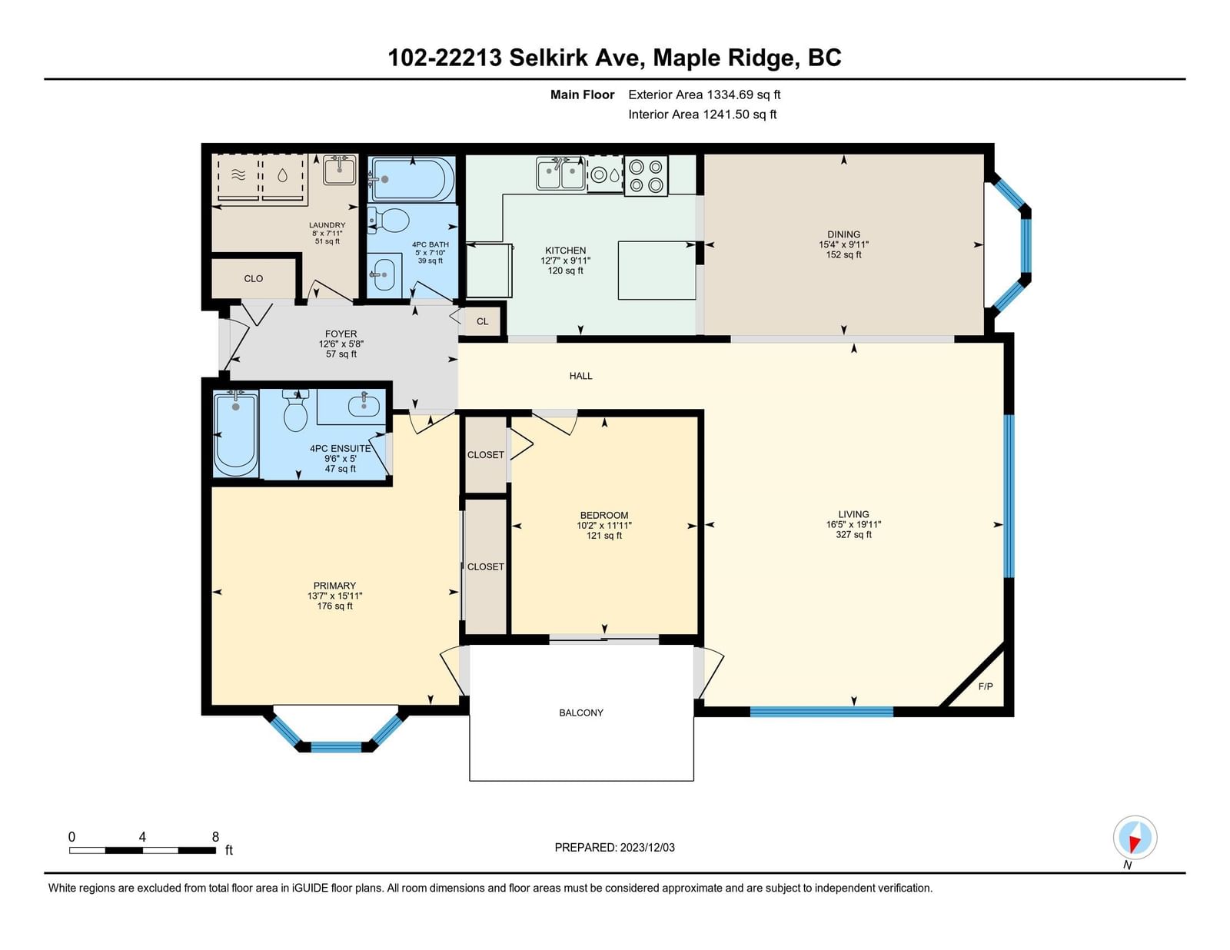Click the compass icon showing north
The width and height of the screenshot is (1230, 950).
[1135, 837]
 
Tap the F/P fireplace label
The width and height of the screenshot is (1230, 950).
[986, 686]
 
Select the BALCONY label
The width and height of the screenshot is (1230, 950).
[580, 713]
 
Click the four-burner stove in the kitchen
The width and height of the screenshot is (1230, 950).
[646, 176]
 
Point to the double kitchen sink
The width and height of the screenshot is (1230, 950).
[561, 174]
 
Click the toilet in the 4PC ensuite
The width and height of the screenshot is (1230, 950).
[295, 410]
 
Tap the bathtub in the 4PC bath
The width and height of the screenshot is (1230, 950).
[411, 179]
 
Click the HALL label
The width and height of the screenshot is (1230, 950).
[580, 376]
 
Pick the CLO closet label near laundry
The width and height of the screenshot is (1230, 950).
[253, 278]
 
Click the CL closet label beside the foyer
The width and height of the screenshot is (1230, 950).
[482, 321]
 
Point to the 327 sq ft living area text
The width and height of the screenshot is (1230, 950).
[853, 535]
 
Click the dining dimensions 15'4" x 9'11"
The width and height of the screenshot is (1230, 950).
[843, 244]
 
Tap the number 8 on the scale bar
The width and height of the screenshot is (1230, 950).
[215, 837]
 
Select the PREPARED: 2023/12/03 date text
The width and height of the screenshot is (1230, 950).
[615, 848]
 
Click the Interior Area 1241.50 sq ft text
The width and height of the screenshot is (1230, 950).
[702, 115]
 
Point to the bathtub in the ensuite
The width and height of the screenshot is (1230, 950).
[235, 434]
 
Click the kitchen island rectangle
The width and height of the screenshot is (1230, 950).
[657, 271]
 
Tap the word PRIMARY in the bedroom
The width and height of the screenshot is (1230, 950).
[334, 586]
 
